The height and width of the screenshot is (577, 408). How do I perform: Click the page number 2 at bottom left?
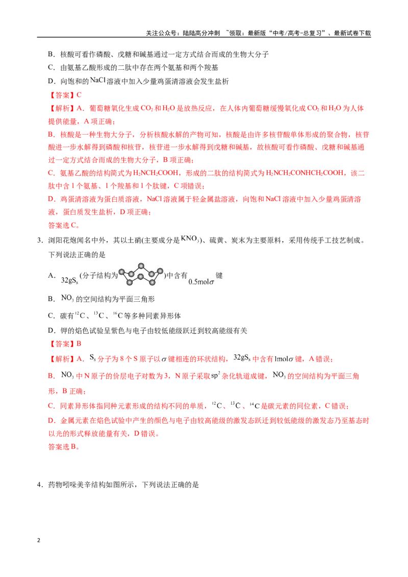tap(39, 540)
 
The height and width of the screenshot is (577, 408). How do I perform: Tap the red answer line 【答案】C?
tap(65, 95)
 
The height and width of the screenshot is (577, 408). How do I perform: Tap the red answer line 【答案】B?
tap(65, 344)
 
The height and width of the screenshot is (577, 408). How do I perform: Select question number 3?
tap(40, 241)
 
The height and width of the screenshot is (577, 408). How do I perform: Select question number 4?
tap(40, 485)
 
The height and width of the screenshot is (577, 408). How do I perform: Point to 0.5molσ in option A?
tap(201, 282)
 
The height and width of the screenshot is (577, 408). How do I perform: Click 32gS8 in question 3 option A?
tap(69, 280)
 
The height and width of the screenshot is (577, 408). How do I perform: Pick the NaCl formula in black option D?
tap(97, 80)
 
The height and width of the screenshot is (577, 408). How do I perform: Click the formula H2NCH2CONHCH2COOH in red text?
tap(304, 173)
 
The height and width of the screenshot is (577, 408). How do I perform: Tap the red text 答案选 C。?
tap(64, 225)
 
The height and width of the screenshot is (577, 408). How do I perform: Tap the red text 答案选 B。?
tap(64, 447)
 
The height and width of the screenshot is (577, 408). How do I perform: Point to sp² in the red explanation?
tap(215, 375)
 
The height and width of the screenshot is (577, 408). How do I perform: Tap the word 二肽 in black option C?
tap(133, 68)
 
